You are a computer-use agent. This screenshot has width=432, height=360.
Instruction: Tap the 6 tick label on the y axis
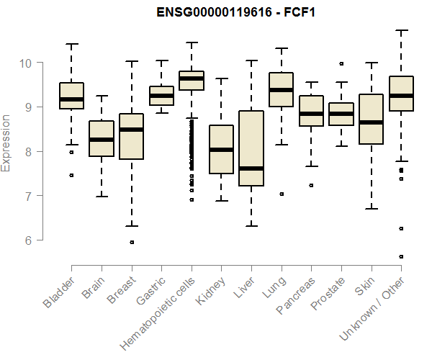pos(27,240)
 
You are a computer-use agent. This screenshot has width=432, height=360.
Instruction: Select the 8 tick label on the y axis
pos(27,151)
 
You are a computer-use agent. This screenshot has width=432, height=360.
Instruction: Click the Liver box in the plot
pos(251,148)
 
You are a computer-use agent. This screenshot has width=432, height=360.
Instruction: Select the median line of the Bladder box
pos(71,99)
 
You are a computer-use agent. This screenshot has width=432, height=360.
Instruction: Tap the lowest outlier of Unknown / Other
pos(401,256)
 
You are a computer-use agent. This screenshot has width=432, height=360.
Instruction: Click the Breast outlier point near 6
pos(131,242)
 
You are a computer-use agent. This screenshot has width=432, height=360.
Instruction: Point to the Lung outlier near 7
pos(281,194)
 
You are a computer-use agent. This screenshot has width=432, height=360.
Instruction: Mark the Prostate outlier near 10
pos(341,63)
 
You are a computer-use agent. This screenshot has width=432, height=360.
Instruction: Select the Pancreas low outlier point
pos(311,185)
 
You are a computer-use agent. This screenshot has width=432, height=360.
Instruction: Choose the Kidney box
pos(221,149)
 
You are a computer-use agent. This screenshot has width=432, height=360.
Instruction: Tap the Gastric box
pos(161,96)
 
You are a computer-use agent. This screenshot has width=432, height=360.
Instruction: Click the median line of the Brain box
pos(102,139)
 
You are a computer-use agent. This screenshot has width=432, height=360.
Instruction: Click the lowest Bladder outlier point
pos(71,175)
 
